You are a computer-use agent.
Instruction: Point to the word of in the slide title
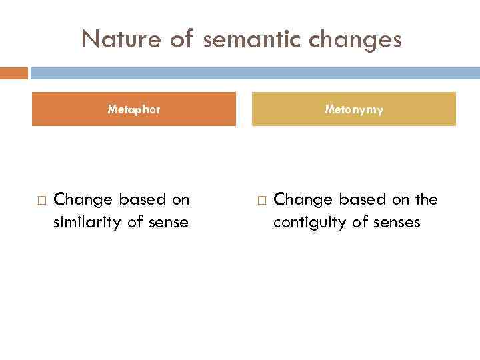tap(181, 39)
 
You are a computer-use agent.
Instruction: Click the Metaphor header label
tap(134, 109)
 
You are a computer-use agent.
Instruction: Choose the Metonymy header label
tap(354, 109)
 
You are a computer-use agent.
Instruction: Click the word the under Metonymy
tap(425, 199)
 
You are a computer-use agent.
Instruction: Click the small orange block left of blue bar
tap(14, 73)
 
